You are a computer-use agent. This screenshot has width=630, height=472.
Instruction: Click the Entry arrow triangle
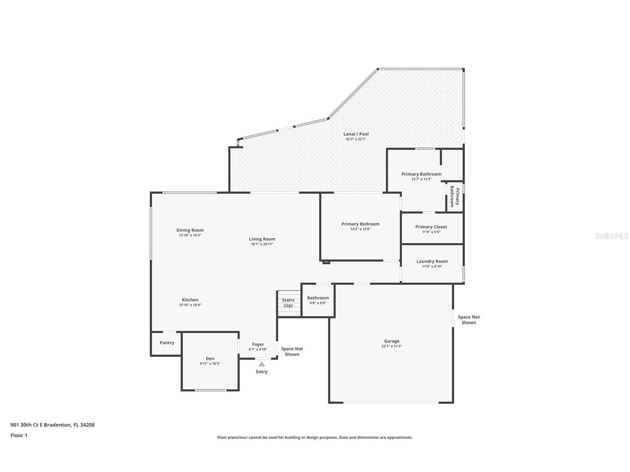(262, 364)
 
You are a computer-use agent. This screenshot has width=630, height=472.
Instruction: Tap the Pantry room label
(167, 342)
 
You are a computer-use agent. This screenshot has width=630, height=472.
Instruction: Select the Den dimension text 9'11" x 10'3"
(210, 364)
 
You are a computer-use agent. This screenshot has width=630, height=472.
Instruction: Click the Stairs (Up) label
(288, 303)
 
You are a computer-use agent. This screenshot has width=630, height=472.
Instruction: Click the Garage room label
(392, 341)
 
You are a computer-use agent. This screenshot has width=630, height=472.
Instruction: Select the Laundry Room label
(432, 261)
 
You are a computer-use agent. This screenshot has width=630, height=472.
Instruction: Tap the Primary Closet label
(431, 227)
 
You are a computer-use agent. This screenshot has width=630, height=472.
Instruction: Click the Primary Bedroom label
(360, 224)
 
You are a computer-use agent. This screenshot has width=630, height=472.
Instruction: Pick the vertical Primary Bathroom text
(455, 197)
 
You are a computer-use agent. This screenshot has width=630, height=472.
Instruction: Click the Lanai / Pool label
(356, 134)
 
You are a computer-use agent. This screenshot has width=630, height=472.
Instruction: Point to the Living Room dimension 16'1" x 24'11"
(262, 244)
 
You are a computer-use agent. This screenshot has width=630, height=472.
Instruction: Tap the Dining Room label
(190, 230)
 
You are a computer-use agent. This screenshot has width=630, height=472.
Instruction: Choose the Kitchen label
(190, 300)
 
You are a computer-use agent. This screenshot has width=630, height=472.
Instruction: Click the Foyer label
(258, 344)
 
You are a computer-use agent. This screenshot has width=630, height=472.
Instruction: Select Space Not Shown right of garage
(469, 319)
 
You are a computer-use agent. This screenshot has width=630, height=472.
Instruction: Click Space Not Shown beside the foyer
(292, 351)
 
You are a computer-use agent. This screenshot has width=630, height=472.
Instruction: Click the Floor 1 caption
(19, 435)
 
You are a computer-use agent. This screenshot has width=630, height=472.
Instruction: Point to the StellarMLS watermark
(611, 236)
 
